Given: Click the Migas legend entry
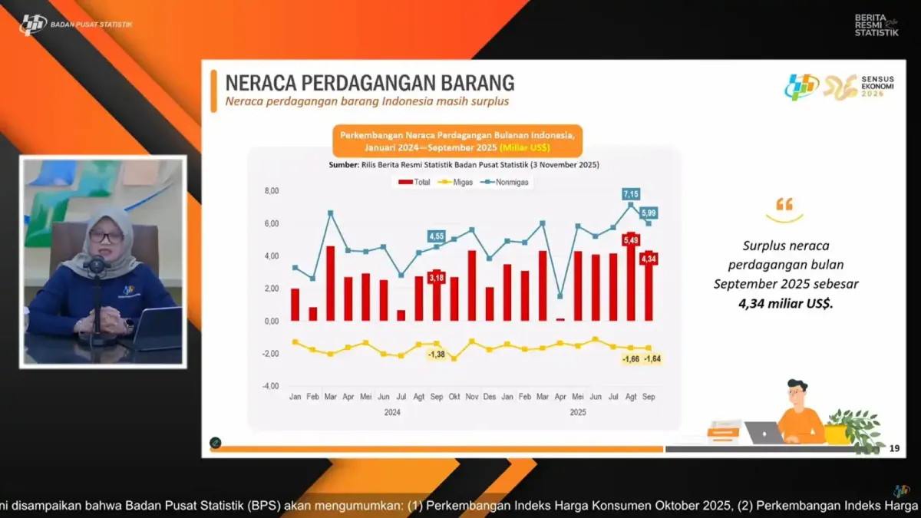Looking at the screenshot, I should tap(458, 182).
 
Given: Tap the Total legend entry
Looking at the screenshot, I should tap(414, 182).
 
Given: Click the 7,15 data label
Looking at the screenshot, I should tap(631, 194).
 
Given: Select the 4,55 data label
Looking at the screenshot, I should tap(437, 236).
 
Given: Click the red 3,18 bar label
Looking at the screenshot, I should tap(437, 276).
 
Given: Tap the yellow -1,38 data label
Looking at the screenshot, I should tap(437, 355).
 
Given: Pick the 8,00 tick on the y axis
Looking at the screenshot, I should tap(271, 191).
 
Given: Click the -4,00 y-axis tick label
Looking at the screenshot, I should tap(270, 386).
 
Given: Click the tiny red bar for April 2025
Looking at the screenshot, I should tap(560, 318).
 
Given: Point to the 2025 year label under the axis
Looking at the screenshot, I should tap(578, 412).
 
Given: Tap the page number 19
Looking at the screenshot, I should tap(893, 448).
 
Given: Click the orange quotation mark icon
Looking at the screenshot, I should tap(784, 204).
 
